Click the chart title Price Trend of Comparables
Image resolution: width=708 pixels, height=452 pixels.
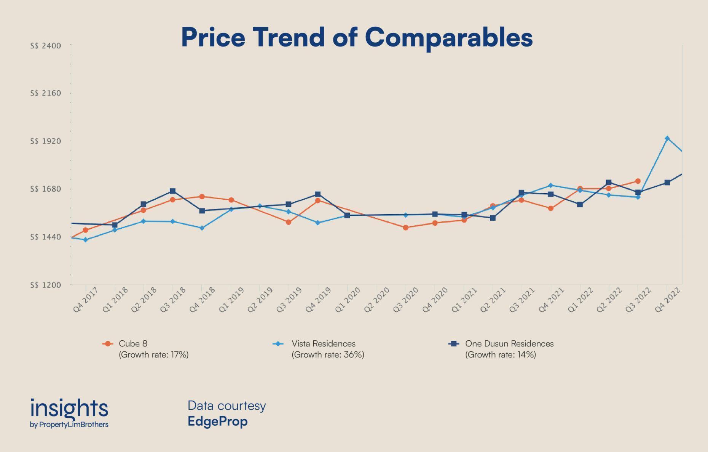pyautogui.click(x=357, y=37)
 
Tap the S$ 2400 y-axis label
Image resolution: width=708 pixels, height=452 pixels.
pyautogui.click(x=46, y=46)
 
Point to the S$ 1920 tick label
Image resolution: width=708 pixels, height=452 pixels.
pyautogui.click(x=46, y=141)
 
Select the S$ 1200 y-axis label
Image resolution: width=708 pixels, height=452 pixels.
pyautogui.click(x=46, y=285)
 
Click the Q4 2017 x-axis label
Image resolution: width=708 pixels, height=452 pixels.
pyautogui.click(x=85, y=300)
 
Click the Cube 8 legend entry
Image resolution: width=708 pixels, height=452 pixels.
pyautogui.click(x=133, y=344)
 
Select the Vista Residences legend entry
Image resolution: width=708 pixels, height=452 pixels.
pyautogui.click(x=323, y=344)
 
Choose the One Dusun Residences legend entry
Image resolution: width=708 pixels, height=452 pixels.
pyautogui.click(x=509, y=344)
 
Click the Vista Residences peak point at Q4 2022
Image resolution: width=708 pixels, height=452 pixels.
pyautogui.click(x=667, y=138)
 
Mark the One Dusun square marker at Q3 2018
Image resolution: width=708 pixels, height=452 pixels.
pyautogui.click(x=172, y=191)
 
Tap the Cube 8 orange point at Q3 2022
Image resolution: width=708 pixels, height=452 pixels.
pyautogui.click(x=638, y=181)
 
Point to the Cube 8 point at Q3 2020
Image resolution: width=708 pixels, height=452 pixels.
pyautogui.click(x=405, y=228)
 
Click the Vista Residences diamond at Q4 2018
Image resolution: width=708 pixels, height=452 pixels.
pyautogui.click(x=202, y=228)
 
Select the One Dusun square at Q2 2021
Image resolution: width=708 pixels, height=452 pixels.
pyautogui.click(x=493, y=218)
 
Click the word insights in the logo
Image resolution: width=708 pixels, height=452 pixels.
pyautogui.click(x=69, y=408)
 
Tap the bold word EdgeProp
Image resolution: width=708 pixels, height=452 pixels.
pyautogui.click(x=217, y=422)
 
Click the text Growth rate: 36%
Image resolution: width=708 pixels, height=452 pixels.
pyautogui.click(x=328, y=355)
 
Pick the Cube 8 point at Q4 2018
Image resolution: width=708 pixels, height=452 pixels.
pyautogui.click(x=202, y=197)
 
